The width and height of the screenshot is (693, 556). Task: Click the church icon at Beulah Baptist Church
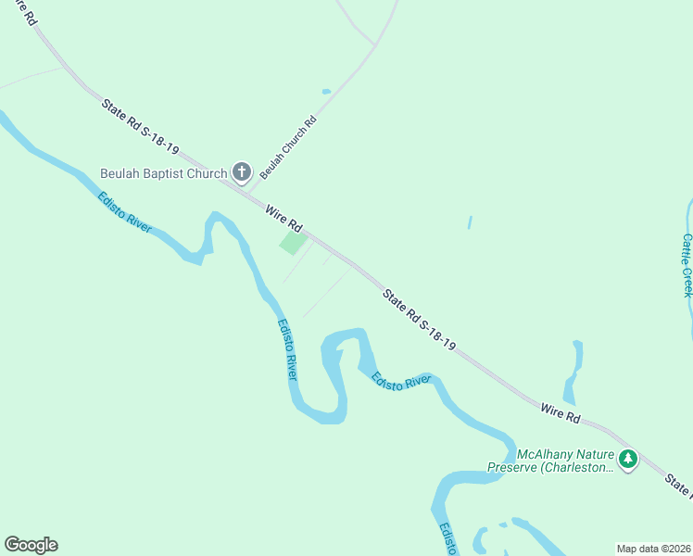pos(242,171)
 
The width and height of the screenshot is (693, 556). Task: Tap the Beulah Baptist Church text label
pos(164,174)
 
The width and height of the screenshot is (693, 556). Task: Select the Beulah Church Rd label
pos(288,147)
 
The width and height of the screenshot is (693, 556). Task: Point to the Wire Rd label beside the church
pos(284,220)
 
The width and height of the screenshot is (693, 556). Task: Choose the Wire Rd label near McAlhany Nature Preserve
pos(560,413)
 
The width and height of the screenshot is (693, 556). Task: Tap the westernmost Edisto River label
pos(124,212)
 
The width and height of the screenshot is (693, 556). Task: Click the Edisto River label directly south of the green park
pos(287,349)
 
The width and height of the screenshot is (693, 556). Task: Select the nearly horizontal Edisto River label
pos(401,381)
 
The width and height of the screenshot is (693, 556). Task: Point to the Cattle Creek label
pos(687,264)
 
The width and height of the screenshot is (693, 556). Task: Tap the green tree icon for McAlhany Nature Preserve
pos(629,459)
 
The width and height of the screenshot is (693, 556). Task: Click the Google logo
pos(31,545)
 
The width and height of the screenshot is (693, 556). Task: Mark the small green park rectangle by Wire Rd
pos(293,243)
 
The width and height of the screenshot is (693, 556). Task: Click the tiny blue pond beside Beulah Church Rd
pos(326,92)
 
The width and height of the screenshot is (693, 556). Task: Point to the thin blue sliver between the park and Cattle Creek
pos(470,222)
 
